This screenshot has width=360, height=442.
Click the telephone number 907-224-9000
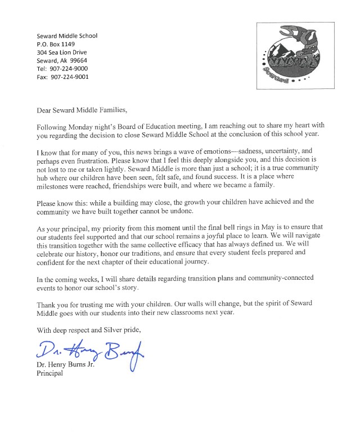point(69,69)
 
